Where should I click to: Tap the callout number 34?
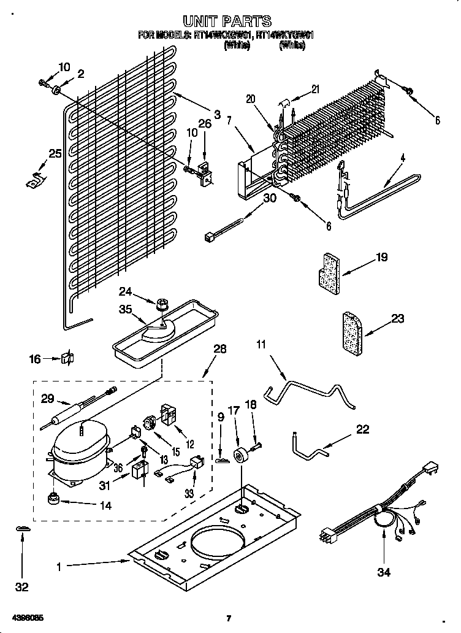pyautogui.click(x=384, y=572)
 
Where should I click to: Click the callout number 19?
pyautogui.click(x=381, y=258)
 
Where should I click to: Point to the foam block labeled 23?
pyautogui.click(x=352, y=332)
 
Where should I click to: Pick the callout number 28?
pyautogui.click(x=219, y=349)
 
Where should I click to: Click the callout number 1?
pyautogui.click(x=59, y=567)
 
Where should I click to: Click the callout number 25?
pyautogui.click(x=55, y=154)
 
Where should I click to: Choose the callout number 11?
pyautogui.click(x=262, y=345)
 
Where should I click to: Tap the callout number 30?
pyautogui.click(x=270, y=198)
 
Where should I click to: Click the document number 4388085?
pyautogui.click(x=26, y=618)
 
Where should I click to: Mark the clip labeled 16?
pyautogui.click(x=67, y=359)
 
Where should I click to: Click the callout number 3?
pyautogui.click(x=216, y=113)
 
